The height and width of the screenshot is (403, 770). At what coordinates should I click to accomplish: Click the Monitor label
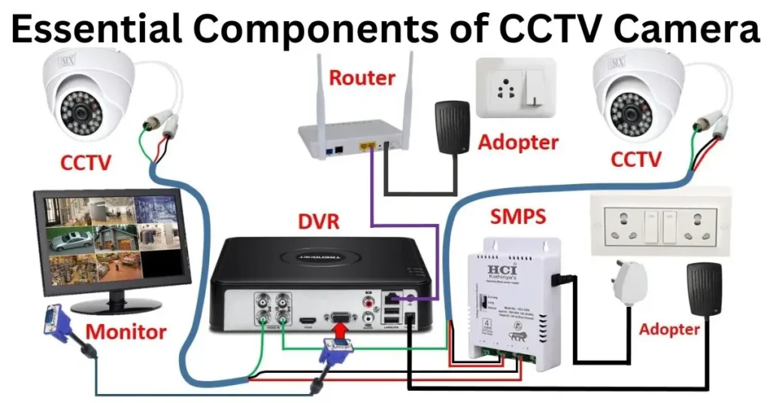coord(126,331)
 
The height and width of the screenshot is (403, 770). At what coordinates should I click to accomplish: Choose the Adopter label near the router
coord(518,142)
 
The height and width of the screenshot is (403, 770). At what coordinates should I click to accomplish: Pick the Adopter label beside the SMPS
coord(669,329)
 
